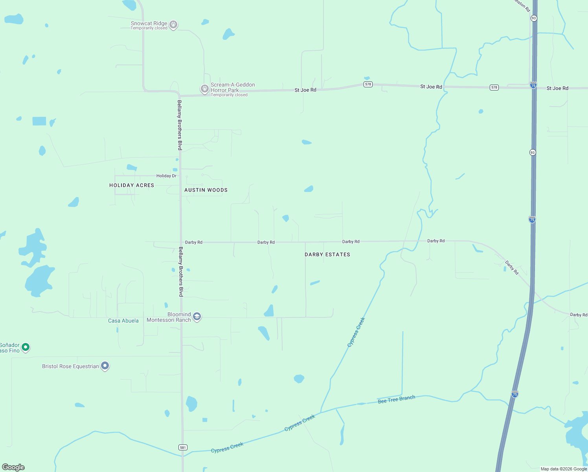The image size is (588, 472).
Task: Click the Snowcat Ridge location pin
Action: click(x=173, y=25)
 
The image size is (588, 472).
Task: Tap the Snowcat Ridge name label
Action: click(x=149, y=24)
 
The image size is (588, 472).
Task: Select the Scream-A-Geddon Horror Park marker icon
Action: click(x=204, y=88)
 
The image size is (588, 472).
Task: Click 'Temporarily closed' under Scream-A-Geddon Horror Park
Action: click(x=229, y=95)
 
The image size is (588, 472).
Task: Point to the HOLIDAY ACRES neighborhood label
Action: click(x=132, y=185)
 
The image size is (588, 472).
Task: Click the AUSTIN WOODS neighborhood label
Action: click(x=206, y=190)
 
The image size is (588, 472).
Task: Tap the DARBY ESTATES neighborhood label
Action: click(x=327, y=254)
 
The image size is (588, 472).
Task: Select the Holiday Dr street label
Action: click(x=166, y=176)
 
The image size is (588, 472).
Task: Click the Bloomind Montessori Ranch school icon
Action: click(x=197, y=317)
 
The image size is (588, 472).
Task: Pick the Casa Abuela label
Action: click(x=123, y=321)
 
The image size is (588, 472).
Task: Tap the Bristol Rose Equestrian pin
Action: click(x=105, y=366)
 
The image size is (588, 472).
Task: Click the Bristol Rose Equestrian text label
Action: click(x=71, y=366)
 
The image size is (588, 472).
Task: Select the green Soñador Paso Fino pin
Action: click(x=26, y=347)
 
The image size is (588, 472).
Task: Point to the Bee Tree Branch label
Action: click(x=396, y=400)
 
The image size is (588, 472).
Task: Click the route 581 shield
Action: click(x=183, y=447)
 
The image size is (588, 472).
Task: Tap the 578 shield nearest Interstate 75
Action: click(x=494, y=87)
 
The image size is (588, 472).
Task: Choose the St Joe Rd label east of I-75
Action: click(x=557, y=88)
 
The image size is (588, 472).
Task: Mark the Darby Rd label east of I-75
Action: click(x=579, y=315)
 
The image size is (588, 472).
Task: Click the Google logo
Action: click(x=13, y=467)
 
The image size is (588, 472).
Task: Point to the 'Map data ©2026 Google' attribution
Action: click(x=564, y=469)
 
